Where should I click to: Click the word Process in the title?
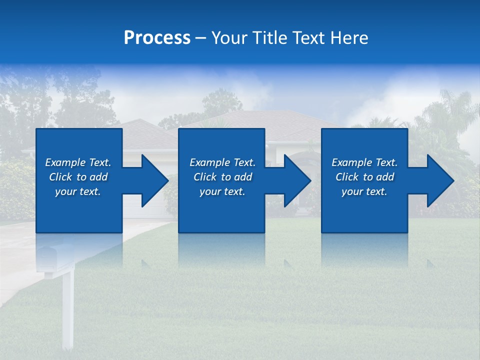pos(157,38)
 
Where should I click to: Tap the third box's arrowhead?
pos(440,180)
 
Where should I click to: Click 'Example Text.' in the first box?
pos(78,162)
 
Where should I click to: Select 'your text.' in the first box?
pos(78,191)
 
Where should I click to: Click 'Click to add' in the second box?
pos(222,177)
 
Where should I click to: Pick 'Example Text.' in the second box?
pos(222,162)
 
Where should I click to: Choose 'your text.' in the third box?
pos(364,191)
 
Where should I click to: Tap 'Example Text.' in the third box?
pos(364,162)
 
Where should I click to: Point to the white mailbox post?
pos(67,310)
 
